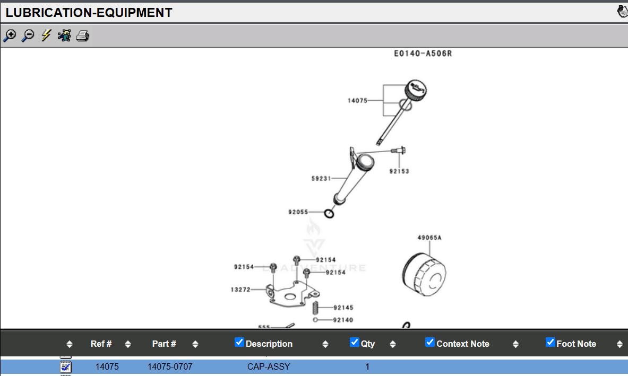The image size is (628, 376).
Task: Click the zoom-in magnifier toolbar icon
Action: click(10, 36)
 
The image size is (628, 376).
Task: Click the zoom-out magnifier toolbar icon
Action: click(28, 36)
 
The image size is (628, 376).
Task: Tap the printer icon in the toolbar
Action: click(82, 36)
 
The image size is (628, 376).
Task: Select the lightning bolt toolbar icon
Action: click(46, 36)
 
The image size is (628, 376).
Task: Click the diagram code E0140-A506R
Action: click(423, 54)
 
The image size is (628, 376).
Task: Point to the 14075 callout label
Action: click(357, 100)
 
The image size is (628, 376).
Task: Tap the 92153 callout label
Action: click(399, 171)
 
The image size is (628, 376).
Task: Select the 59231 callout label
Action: click(321, 179)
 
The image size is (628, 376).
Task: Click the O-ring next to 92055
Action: click(329, 214)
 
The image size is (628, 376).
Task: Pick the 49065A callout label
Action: click(429, 238)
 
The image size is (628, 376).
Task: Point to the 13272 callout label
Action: click(240, 290)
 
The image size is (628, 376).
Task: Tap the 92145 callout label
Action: click(343, 308)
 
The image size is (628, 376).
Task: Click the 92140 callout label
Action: click(343, 320)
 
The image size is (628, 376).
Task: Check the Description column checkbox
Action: click(239, 342)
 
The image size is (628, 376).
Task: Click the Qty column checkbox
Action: click(355, 342)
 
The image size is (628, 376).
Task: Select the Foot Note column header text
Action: click(576, 344)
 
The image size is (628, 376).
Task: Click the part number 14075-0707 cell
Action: click(170, 366)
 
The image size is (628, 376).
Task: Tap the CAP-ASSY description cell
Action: click(269, 366)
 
